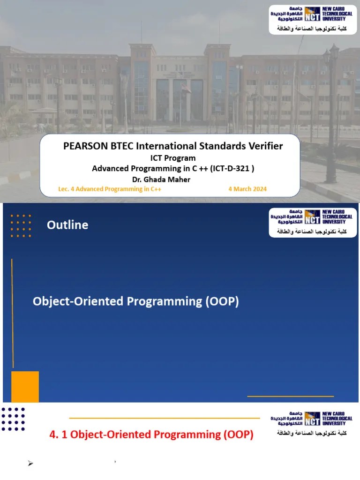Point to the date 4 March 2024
(x=247, y=189)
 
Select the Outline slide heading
(x=67, y=225)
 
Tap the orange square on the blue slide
(x=25, y=386)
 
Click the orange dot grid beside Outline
(x=21, y=225)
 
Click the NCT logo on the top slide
(x=312, y=14)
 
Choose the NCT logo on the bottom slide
(x=312, y=418)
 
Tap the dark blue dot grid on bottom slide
(x=13, y=419)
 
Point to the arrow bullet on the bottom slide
(x=31, y=464)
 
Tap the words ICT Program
(x=172, y=158)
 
